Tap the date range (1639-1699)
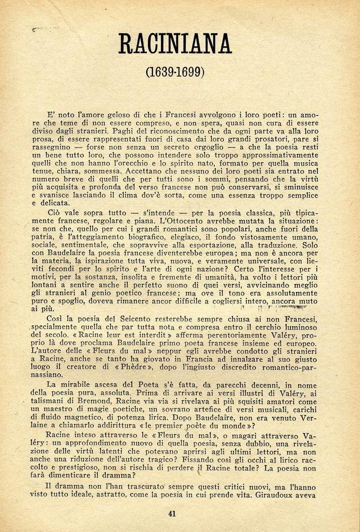175,72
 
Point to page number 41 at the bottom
173,513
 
